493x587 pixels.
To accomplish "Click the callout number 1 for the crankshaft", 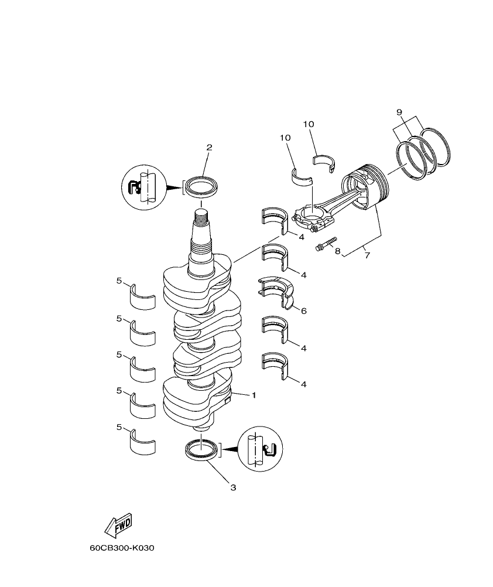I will coord(254,395).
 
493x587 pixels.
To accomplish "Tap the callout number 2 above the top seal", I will coord(208,148).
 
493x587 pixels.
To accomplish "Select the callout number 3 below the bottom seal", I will coord(232,487).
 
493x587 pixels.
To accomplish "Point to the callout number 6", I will coord(303,311).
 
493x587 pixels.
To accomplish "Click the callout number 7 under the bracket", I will coord(367,255).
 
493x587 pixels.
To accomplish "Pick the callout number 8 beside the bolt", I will coord(337,250).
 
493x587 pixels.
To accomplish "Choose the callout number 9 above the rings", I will coord(415,111).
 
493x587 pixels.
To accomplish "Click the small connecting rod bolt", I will coord(326,244).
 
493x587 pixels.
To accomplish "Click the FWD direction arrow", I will coord(118,524).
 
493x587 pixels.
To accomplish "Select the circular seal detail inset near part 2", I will coord(143,187).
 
